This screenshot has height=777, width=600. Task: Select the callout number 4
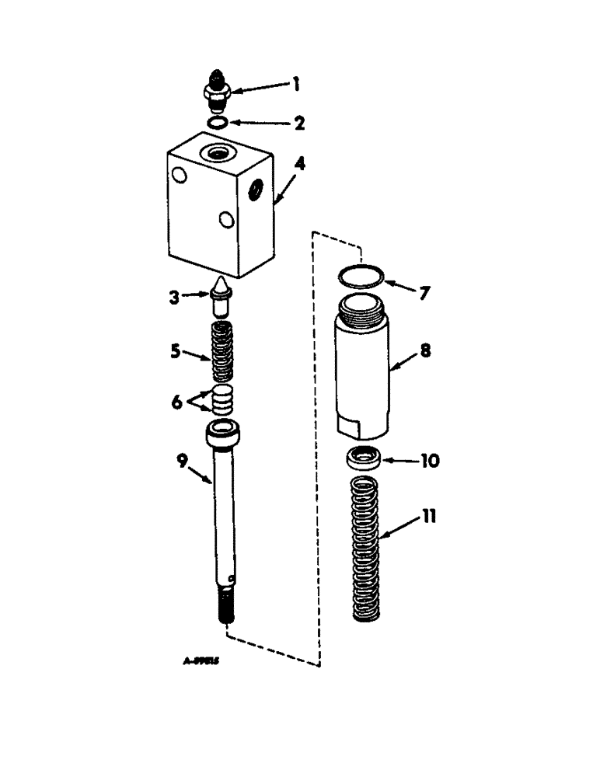coord(299,165)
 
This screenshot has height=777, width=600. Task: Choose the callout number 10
coord(429,461)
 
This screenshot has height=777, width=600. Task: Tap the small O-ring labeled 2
coord(218,123)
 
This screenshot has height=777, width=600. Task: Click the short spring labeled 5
coord(222,353)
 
